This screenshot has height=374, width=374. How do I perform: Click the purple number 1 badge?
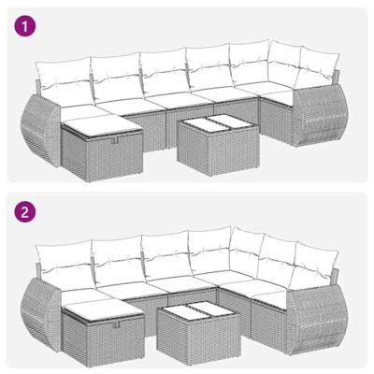(x=25, y=25)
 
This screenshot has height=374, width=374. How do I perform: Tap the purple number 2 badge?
(x=25, y=213)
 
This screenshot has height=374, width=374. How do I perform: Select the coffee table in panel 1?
(x=207, y=142)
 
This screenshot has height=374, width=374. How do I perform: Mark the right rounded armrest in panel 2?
(x=310, y=309)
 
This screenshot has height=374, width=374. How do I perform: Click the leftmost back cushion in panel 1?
(x=61, y=75)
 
